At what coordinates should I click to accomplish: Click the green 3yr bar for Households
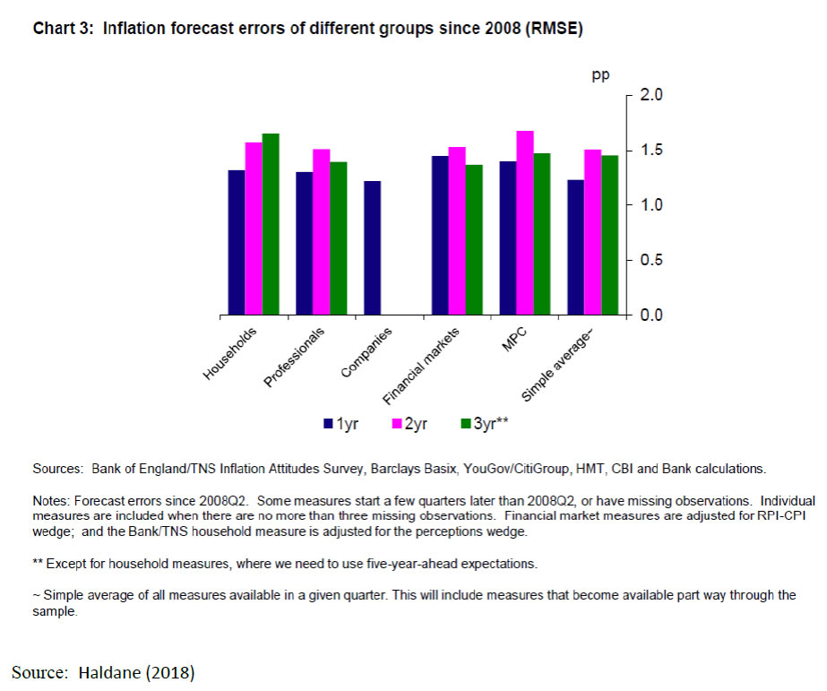(x=271, y=224)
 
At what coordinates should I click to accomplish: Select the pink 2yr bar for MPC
(x=525, y=223)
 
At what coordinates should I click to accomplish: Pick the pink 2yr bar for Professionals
(x=322, y=232)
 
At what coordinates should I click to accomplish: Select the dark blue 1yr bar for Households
(x=237, y=243)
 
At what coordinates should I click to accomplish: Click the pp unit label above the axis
(x=600, y=75)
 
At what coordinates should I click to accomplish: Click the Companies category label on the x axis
(x=366, y=353)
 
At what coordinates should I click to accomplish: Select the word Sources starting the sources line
(x=56, y=468)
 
